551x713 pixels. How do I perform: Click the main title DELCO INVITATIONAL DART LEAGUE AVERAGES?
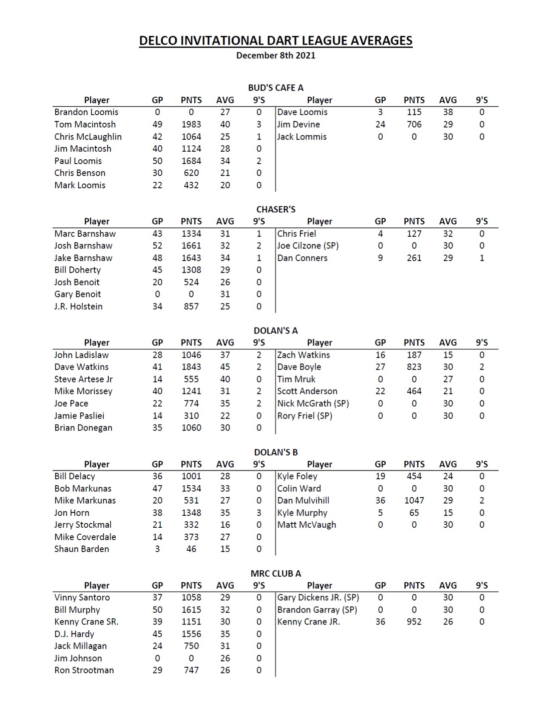click(275, 41)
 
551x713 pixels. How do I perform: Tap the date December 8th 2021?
click(275, 55)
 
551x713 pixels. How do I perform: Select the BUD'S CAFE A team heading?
click(275, 88)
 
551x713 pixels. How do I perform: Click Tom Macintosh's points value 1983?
click(191, 124)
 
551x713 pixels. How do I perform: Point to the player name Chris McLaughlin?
click(88, 137)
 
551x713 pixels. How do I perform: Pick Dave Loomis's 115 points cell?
click(414, 112)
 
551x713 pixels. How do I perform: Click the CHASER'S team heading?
click(275, 209)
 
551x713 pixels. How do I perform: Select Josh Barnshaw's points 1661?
click(191, 246)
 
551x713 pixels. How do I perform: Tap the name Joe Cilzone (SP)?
click(308, 246)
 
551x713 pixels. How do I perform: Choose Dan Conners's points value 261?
click(414, 258)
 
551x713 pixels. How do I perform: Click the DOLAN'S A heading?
click(275, 331)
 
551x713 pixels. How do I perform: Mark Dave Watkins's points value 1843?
click(191, 367)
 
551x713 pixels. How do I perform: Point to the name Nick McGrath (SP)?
click(313, 403)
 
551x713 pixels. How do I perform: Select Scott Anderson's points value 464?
click(414, 391)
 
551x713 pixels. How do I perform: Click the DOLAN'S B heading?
click(275, 452)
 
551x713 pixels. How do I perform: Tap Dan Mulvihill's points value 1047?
click(414, 501)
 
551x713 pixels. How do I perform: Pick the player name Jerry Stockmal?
click(83, 525)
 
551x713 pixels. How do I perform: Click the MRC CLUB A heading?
click(275, 573)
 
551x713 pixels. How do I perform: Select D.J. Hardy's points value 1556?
click(191, 634)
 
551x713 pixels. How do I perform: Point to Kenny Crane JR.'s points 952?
click(414, 622)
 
